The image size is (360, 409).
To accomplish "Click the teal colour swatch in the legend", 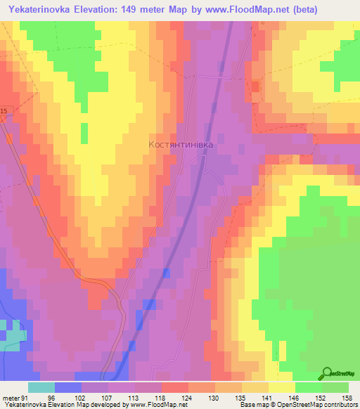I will click(41, 387).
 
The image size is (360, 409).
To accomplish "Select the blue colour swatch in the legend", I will click(68, 387).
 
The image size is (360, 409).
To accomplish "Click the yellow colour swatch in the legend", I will click(281, 387).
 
